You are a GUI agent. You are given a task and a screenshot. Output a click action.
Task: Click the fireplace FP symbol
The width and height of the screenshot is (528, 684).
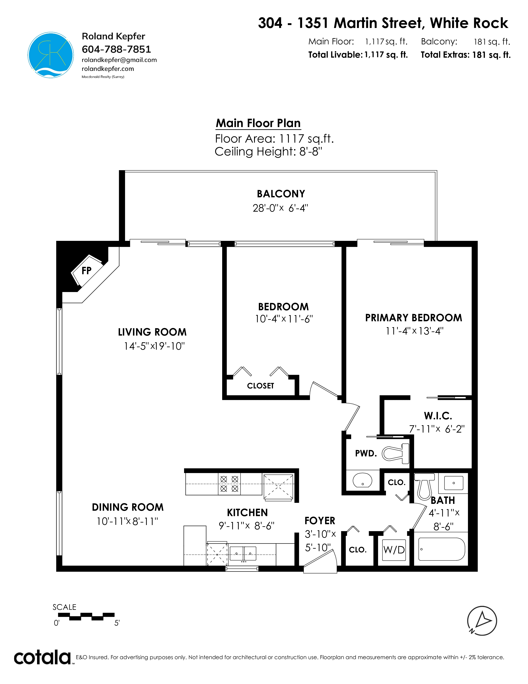87,270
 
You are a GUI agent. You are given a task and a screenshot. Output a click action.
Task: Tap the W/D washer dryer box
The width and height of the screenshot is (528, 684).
394,550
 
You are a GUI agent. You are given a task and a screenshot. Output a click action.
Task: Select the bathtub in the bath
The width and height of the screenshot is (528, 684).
442,549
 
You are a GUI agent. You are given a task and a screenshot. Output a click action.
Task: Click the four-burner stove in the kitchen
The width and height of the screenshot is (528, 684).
229,484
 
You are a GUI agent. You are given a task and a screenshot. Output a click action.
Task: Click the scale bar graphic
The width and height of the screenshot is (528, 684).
86,617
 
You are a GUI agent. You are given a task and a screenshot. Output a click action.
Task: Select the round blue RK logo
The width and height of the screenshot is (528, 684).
51,55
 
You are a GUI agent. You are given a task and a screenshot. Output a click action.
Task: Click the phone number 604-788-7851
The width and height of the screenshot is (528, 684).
116,49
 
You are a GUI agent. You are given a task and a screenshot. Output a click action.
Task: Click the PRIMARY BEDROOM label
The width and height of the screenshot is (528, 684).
413,318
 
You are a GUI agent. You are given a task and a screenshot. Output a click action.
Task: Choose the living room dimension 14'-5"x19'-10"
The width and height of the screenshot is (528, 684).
154,346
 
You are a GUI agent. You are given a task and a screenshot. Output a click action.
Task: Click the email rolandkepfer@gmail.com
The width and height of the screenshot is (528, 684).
119,60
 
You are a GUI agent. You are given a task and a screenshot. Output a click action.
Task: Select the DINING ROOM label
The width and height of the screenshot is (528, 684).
128,507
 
